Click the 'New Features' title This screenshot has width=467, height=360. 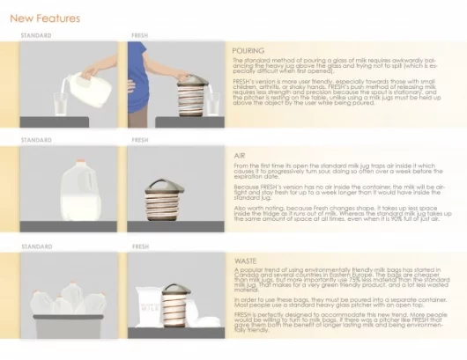(45, 18)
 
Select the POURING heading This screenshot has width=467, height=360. (248, 50)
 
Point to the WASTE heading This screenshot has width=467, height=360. (246, 261)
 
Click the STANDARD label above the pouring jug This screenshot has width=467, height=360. (36, 36)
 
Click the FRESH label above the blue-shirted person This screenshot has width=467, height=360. (140, 36)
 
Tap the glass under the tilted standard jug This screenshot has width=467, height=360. (59, 104)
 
